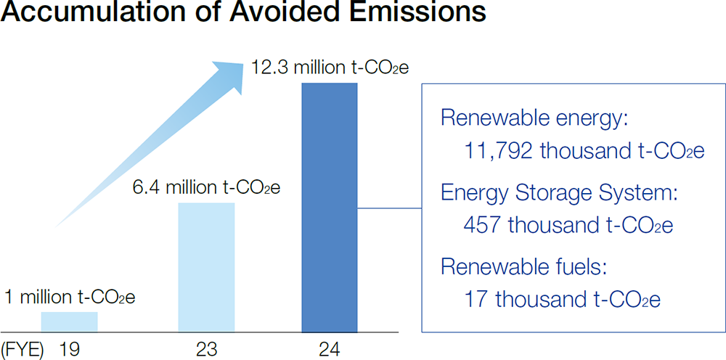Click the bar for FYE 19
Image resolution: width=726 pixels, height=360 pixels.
pos(69,322)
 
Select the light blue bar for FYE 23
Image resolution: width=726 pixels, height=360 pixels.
pos(206,266)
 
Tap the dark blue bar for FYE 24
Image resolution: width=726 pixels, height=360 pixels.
pos(329,207)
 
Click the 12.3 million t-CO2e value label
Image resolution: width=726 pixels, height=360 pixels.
pos(330,69)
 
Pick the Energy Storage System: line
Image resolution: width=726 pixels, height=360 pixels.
pos(558,194)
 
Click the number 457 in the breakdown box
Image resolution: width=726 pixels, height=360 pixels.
pos(482,225)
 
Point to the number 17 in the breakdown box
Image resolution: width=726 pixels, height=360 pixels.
pos(473,300)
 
